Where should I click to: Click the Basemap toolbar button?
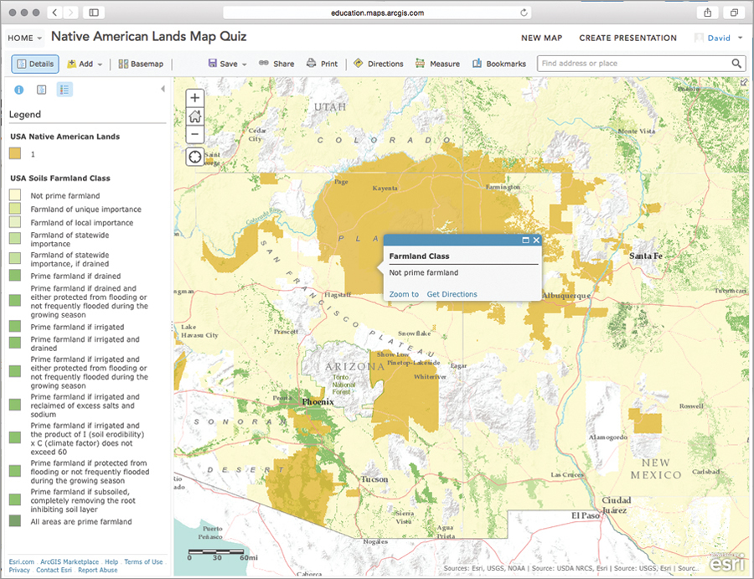(x=141, y=64)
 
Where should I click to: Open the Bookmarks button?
(x=499, y=64)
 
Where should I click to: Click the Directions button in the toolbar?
(x=378, y=64)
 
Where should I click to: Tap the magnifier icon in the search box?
(x=737, y=64)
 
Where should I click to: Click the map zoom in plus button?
(x=195, y=98)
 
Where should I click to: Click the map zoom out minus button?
(x=195, y=134)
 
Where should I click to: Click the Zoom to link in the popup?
(x=404, y=294)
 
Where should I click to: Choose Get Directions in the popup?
(x=452, y=294)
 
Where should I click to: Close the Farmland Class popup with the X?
(x=536, y=240)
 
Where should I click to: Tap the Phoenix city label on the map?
(x=318, y=402)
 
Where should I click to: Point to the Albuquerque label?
(x=566, y=296)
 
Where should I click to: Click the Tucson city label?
(x=374, y=479)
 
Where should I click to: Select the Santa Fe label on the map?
(x=646, y=256)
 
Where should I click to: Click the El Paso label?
(x=586, y=515)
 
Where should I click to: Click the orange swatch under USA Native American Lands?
(x=16, y=153)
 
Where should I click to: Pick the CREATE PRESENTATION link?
(x=627, y=38)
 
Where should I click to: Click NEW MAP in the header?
(x=541, y=38)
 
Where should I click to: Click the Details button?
(x=34, y=64)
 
